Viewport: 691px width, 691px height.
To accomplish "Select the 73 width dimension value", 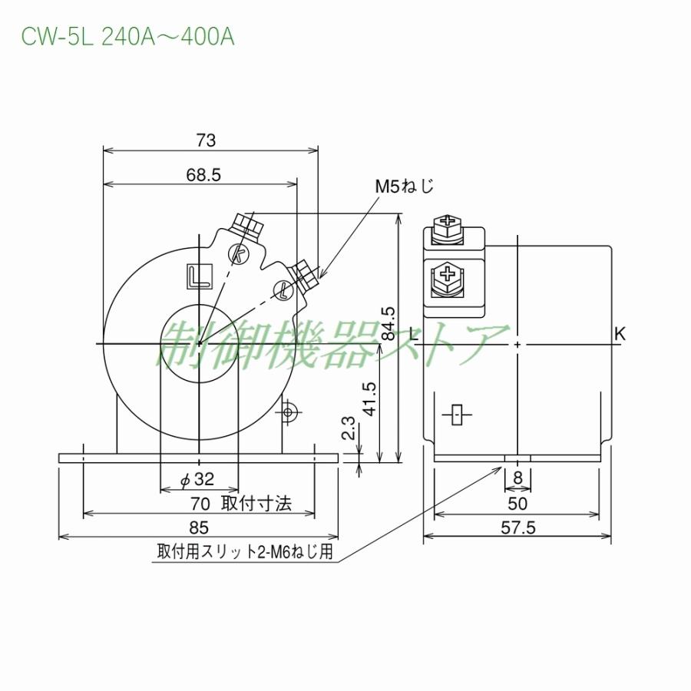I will (x=206, y=140).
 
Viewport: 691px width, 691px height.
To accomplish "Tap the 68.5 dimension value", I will (x=203, y=175).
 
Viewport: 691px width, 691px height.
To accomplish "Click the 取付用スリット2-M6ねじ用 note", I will (x=245, y=552).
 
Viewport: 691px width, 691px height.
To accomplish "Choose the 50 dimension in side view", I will (x=517, y=504).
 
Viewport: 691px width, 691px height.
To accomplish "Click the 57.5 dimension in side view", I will (x=517, y=528).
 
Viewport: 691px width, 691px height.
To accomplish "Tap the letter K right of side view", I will (x=620, y=333).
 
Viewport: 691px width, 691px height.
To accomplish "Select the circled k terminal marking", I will (x=240, y=253).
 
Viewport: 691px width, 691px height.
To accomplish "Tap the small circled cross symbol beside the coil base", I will (x=289, y=412).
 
